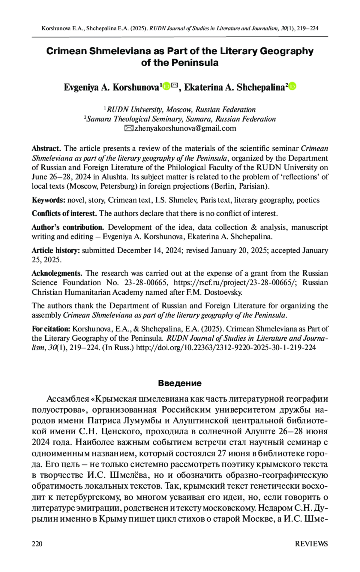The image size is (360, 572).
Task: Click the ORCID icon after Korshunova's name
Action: (166, 86)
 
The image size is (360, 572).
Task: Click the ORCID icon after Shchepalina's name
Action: (292, 86)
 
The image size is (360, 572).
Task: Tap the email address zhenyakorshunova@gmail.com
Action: (185, 128)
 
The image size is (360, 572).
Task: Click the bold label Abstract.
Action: (46, 149)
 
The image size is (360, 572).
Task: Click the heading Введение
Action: (180, 383)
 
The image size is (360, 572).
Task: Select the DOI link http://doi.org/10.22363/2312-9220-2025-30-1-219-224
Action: (226, 348)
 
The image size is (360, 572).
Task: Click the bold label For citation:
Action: (51, 329)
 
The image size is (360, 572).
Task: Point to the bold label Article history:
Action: (56, 251)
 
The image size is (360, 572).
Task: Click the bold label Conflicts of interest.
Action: (64, 214)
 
